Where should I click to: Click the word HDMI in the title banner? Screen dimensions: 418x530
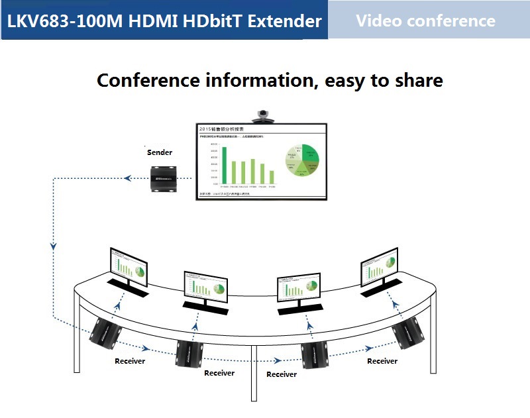pos(152,21)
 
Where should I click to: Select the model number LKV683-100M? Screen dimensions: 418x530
pos(64,21)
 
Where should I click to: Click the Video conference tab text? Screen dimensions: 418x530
pos(425,21)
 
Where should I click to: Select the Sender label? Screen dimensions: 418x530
pos(159,152)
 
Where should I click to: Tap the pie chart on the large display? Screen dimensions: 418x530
pos(302,160)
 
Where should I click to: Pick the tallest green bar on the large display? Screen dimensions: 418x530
pos(224,165)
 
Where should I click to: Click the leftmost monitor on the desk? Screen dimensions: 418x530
pos(127,267)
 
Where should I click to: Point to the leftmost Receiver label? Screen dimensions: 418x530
pos(130,361)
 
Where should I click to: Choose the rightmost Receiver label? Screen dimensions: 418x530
pos(382,361)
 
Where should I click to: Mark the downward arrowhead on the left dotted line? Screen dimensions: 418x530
pos(53,246)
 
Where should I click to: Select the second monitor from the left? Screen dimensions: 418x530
pos(205,286)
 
